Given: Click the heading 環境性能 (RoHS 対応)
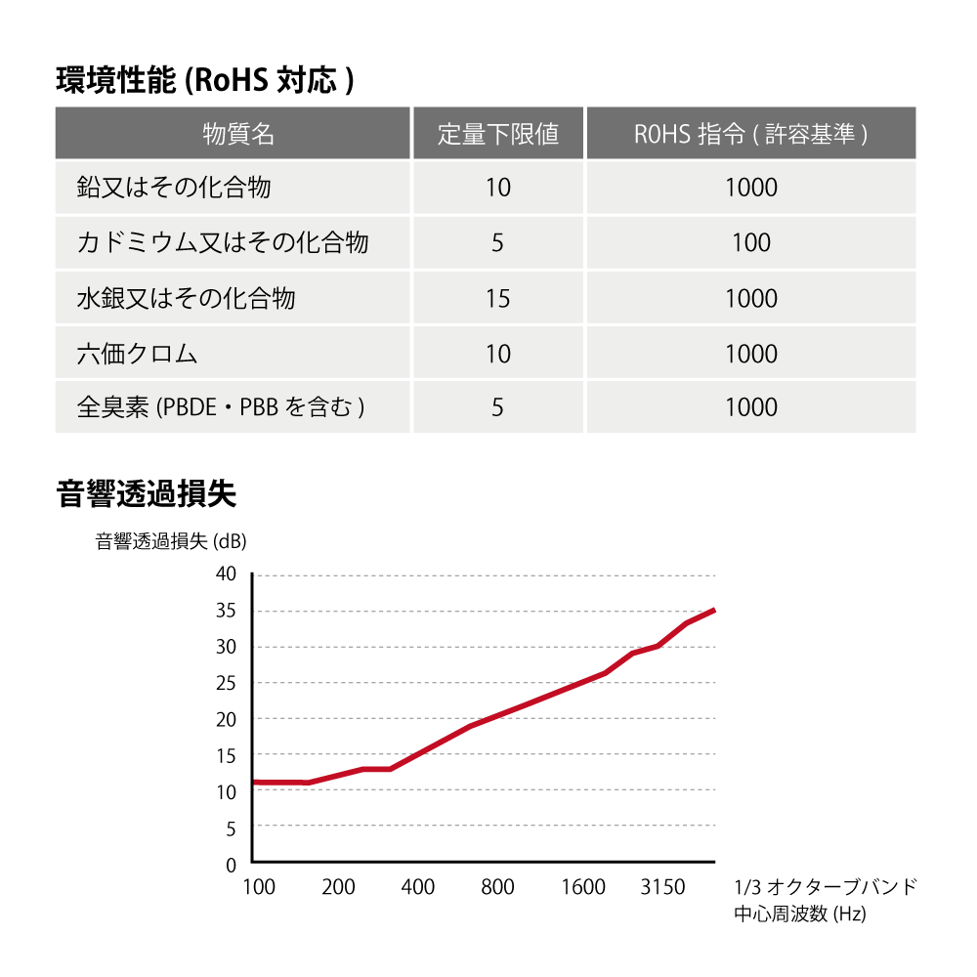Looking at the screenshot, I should point(204,79).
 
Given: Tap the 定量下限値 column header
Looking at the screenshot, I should point(498,134).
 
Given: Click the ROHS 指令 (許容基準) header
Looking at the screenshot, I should point(750,134).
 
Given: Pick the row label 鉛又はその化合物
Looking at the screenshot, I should point(174,188).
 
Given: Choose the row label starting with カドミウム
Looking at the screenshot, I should point(223,242).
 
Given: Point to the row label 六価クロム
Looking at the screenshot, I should point(137,354).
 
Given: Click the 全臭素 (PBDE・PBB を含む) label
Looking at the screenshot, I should point(221,407).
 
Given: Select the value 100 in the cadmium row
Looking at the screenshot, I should point(751,242).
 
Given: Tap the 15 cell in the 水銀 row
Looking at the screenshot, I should point(498,298).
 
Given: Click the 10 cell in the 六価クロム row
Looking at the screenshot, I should point(498,354).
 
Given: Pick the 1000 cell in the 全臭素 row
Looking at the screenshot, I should point(751,407).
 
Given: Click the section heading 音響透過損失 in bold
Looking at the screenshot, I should point(147,494).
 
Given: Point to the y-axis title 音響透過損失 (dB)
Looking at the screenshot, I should point(171,542).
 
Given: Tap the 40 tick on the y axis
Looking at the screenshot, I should point(226,573).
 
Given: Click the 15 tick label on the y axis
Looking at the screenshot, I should point(226,755).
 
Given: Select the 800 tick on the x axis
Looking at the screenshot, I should point(498,887).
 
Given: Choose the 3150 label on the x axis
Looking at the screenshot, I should point(662,887).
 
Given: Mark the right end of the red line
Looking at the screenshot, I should point(715,610).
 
